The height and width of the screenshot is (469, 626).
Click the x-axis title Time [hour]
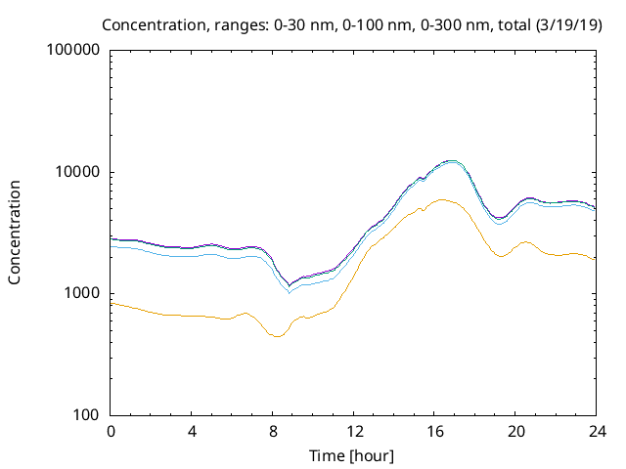(x=353, y=454)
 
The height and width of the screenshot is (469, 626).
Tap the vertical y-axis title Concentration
(x=15, y=232)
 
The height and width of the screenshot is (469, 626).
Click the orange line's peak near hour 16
(x=442, y=199)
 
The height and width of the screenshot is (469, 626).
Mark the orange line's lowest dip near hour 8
(x=277, y=337)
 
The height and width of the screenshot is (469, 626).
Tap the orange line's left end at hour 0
(x=112, y=303)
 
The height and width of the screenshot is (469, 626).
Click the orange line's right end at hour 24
(x=596, y=259)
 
